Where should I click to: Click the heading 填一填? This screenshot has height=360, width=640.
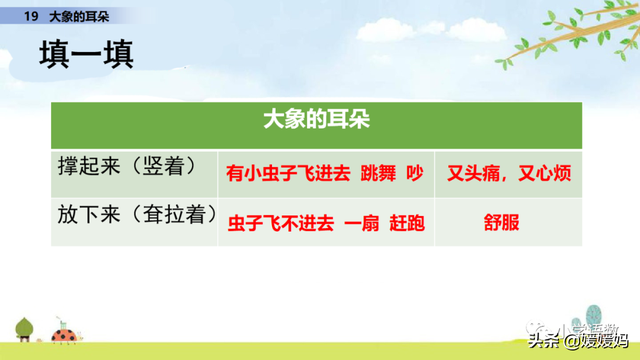[x=85, y=56]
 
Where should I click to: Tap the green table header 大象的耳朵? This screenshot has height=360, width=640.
[x=316, y=121]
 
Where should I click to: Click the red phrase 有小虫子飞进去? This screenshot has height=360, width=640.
[x=289, y=172]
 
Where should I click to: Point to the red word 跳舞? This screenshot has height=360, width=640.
[x=379, y=172]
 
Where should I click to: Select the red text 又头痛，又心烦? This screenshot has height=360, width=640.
[x=509, y=172]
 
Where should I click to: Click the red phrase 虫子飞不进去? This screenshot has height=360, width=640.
[x=278, y=223]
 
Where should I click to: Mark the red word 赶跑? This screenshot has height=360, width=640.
[x=403, y=223]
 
